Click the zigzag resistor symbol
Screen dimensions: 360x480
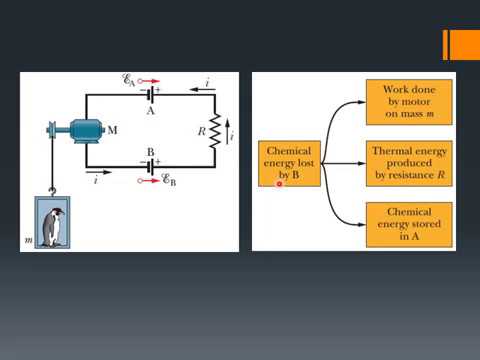point(212,131)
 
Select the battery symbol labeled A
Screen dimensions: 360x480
point(151,94)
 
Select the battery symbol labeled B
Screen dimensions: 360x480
point(151,168)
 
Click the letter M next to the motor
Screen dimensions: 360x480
point(111,131)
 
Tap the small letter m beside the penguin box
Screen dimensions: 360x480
point(28,240)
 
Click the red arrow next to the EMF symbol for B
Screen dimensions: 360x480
point(147,182)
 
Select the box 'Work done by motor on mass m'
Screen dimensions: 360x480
point(409,103)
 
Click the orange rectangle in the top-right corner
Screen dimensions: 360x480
point(463,45)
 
